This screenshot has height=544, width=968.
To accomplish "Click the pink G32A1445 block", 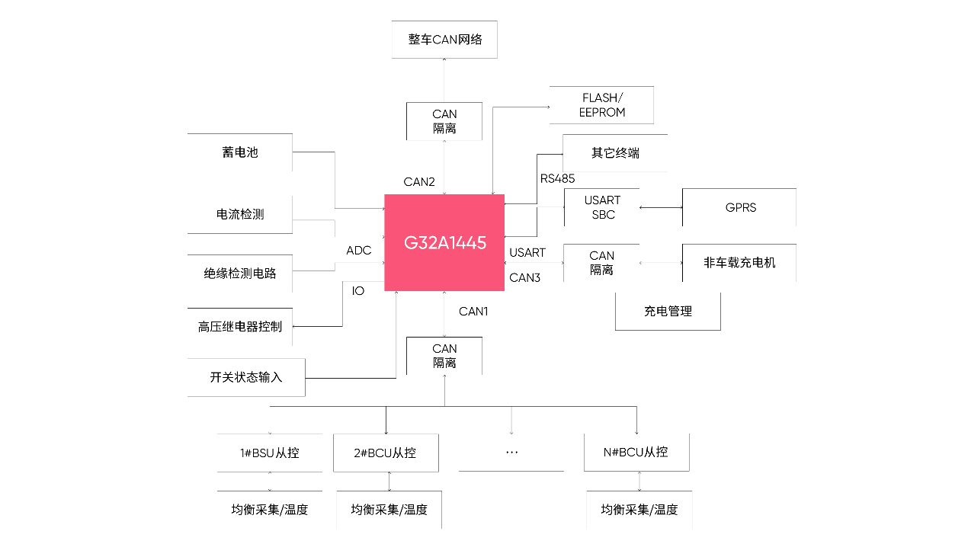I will tap(444, 243).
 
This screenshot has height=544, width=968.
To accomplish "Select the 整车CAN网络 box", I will tap(444, 40).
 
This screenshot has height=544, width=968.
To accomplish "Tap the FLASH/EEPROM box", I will tap(602, 105).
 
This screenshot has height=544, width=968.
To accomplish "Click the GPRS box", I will tap(739, 207).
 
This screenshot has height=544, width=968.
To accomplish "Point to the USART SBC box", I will tap(602, 207).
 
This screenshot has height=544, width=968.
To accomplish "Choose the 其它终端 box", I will tap(615, 153).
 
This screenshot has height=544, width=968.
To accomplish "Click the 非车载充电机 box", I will tap(739, 263).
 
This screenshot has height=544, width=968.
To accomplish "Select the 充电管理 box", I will tap(668, 312).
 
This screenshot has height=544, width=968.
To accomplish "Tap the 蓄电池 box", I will tap(240, 152).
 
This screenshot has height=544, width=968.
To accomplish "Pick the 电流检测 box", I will tap(240, 215).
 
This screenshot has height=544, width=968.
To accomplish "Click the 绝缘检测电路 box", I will tap(240, 274).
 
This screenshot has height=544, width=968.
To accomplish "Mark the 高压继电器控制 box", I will tap(240, 327).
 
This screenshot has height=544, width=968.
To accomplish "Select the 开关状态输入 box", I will tap(246, 377).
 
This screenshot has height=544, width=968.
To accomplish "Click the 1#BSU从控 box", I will tap(270, 453).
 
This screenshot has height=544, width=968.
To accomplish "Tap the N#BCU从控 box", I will tap(636, 453).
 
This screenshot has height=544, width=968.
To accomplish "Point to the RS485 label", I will tap(557, 179).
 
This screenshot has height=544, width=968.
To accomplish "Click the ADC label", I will tap(358, 251).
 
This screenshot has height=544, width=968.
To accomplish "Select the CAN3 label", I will tap(524, 278).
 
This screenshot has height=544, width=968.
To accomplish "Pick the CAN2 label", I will tap(419, 182).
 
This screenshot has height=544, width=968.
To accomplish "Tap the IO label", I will tap(358, 291).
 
